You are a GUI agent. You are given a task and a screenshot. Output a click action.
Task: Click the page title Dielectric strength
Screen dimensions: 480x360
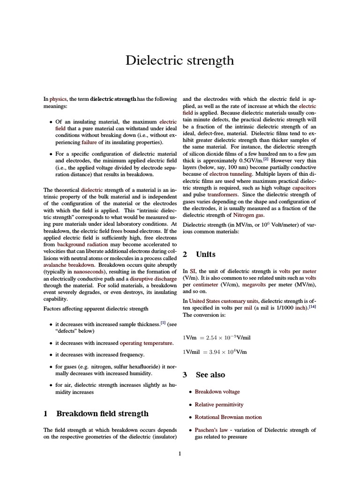pyautogui.click(x=180, y=60)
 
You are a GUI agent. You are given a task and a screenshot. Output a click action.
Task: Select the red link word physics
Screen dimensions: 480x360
pyautogui.click(x=58, y=99)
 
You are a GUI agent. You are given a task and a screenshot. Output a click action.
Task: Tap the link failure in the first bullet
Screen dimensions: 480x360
pyautogui.click(x=89, y=142)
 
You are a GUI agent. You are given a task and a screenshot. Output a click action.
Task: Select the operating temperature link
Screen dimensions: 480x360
pyautogui.click(x=143, y=343)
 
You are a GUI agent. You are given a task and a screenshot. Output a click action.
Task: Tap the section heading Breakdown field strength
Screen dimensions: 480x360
pyautogui.click(x=102, y=413)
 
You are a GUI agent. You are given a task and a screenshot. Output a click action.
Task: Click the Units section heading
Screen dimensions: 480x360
pyautogui.click(x=205, y=255)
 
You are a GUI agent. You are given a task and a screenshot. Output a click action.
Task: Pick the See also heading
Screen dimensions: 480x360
pyautogui.click(x=210, y=375)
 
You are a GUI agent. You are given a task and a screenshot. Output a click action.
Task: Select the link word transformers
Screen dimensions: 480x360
pyautogui.click(x=223, y=194)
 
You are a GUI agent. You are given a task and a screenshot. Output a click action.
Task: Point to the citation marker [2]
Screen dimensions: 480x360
pyautogui.click(x=265, y=159)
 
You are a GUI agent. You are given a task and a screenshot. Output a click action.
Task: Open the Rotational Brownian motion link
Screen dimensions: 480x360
pyautogui.click(x=228, y=417)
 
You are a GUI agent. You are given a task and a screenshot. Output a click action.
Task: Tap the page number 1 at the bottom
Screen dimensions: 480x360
pyautogui.click(x=180, y=453)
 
